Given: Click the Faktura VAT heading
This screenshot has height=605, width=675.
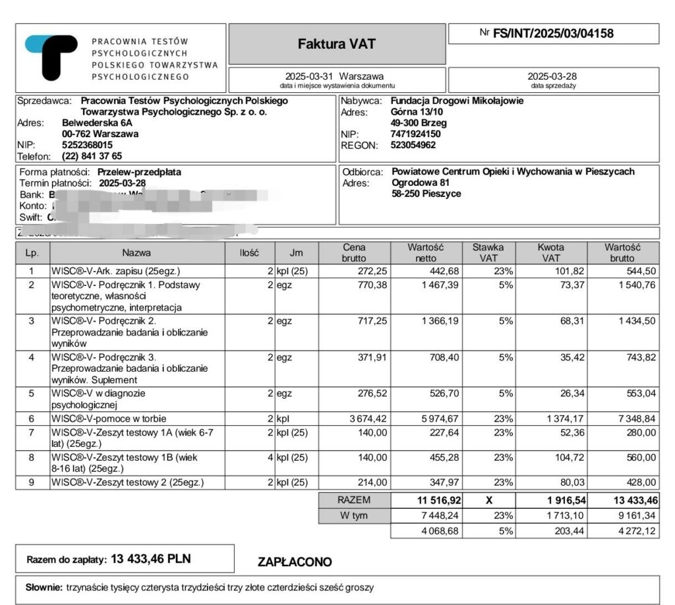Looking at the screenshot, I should [x=336, y=44].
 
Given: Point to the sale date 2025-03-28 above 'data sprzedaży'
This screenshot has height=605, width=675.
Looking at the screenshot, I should [x=552, y=76].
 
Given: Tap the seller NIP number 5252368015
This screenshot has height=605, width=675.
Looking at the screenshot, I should [x=87, y=144].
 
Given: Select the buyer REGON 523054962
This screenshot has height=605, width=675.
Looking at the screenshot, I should [x=413, y=145].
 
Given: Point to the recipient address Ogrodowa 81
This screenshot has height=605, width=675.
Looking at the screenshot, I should [x=421, y=183].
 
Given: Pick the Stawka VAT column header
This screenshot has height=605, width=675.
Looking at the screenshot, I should [x=488, y=252].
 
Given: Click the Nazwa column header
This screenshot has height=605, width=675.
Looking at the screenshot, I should [x=136, y=252].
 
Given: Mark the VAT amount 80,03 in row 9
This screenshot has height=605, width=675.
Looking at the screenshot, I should [x=560, y=482].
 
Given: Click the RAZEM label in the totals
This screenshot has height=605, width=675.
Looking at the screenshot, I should [x=354, y=500].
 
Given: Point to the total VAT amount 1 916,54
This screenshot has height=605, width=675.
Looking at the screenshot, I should [x=554, y=501].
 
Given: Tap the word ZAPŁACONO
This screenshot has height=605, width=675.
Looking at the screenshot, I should [x=295, y=562].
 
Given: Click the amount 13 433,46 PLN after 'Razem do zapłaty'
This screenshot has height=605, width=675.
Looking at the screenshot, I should [x=151, y=559].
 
